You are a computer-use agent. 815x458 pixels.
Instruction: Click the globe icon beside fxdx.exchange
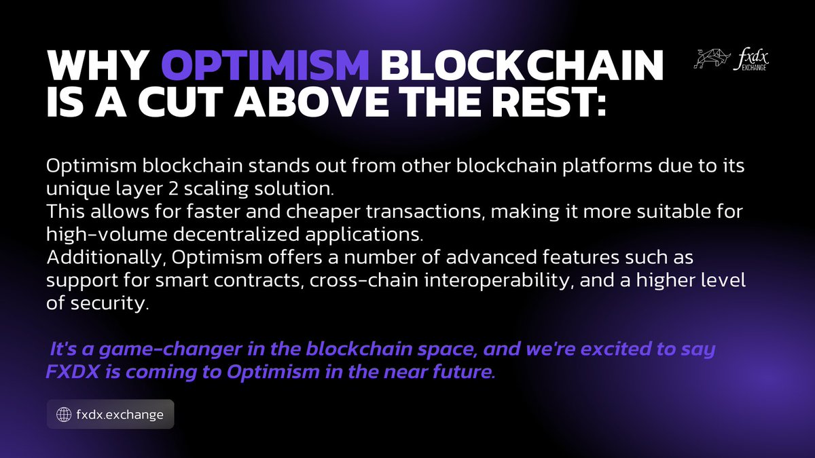pyautogui.click(x=63, y=414)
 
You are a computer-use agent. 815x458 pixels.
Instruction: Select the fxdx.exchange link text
pyautogui.click(x=120, y=414)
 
